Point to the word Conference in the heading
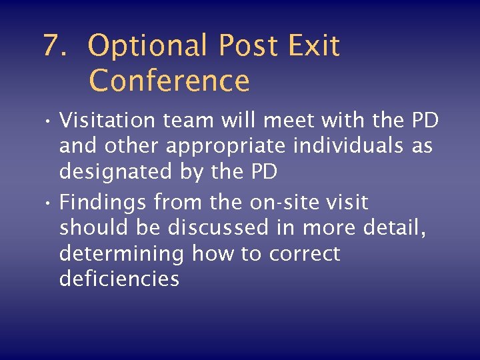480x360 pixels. [x=169, y=81]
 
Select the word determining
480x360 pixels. [x=123, y=254]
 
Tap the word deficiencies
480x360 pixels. [x=119, y=278]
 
